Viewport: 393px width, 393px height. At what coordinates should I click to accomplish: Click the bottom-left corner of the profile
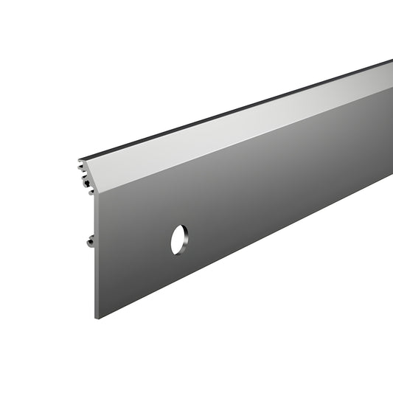(97, 318)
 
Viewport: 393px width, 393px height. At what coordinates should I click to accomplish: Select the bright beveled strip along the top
(243, 129)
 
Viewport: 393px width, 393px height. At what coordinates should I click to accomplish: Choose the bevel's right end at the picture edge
(390, 77)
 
